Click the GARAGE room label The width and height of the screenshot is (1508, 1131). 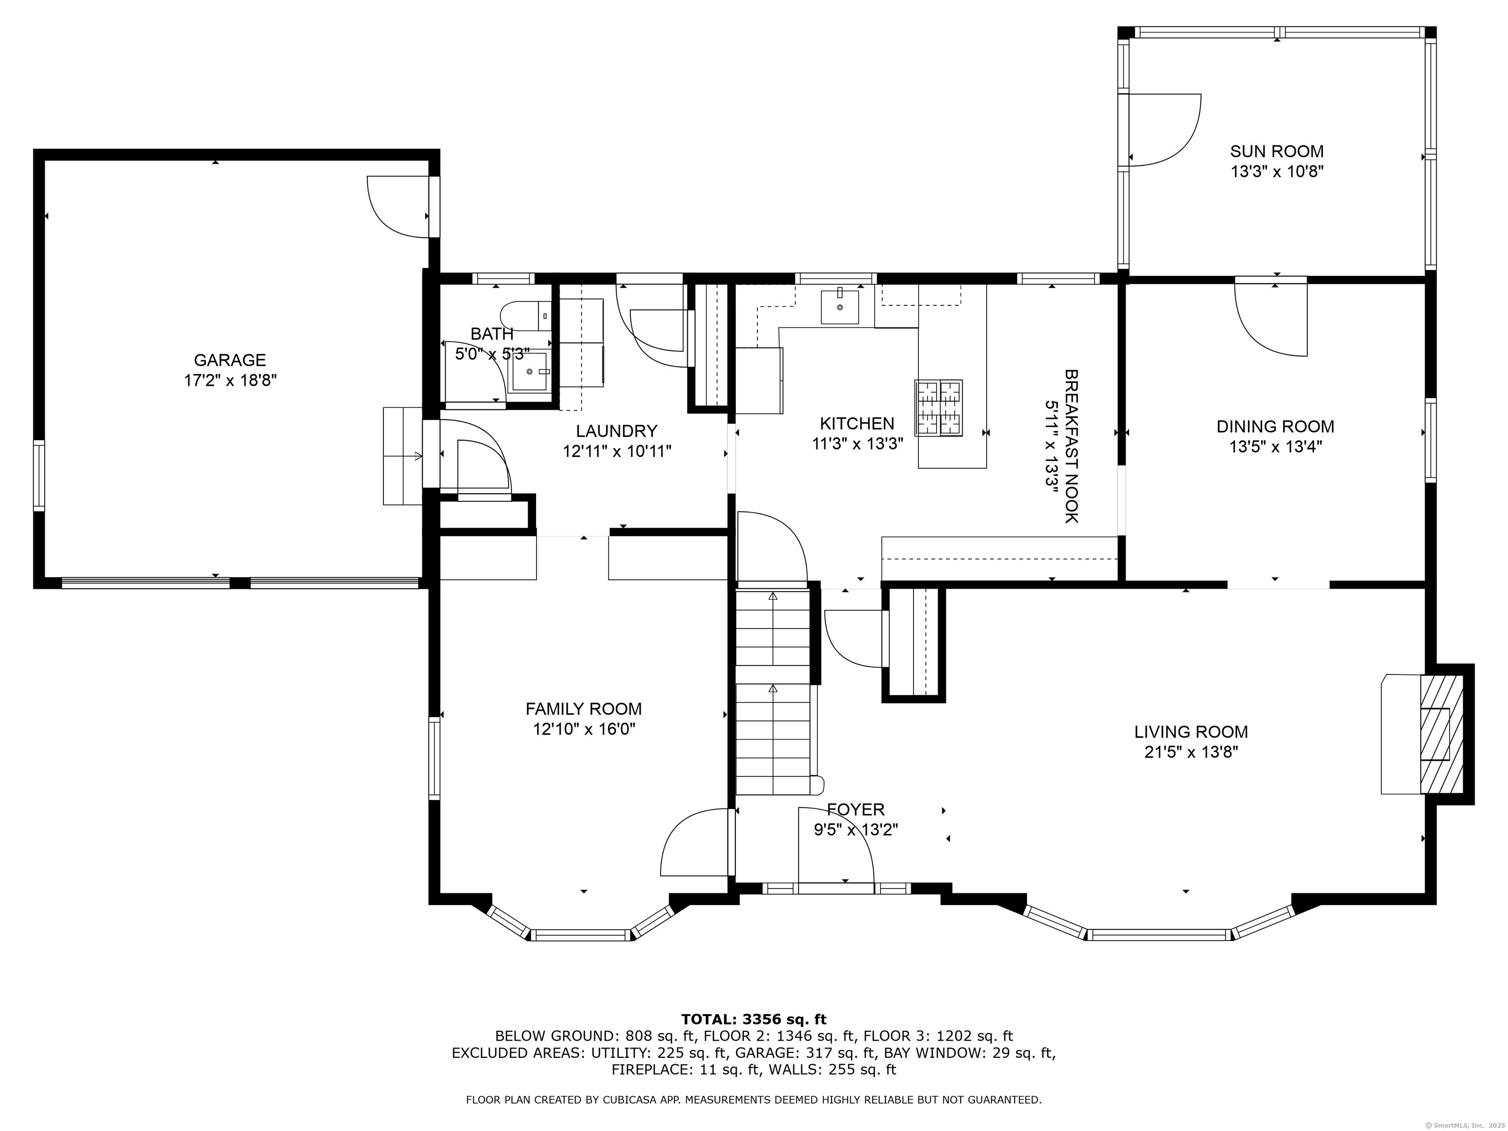pos(230,360)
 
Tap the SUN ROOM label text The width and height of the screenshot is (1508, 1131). pos(1276,151)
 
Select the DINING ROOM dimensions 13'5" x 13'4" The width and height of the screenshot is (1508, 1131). pos(1275,447)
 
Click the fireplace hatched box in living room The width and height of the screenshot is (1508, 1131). pos(1441,734)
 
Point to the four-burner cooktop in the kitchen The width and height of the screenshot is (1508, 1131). pos(939,407)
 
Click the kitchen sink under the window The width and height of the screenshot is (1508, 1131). pos(839,307)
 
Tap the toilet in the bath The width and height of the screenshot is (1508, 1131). pos(525,316)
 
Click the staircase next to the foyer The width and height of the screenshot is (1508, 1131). pos(773,692)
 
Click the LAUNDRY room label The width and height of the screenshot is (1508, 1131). pos(616,431)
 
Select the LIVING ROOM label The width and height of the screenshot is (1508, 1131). pos(1190,732)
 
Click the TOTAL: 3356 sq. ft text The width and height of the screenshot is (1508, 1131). pos(754,1019)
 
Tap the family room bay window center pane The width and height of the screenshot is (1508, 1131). pos(582,935)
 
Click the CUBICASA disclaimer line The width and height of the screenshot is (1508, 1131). pos(754,1100)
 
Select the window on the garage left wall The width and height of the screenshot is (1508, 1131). pos(39,476)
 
